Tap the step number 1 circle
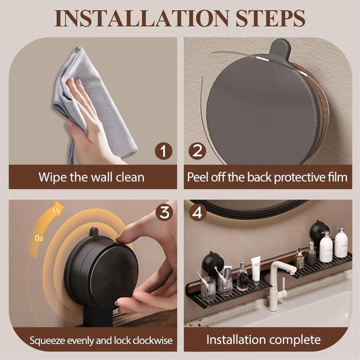click(x=163, y=152)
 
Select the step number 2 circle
click(x=197, y=152)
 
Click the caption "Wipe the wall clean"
click(x=91, y=177)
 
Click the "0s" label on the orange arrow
click(x=39, y=238)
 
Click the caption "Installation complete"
click(x=263, y=340)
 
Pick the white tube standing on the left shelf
click(x=256, y=269)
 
